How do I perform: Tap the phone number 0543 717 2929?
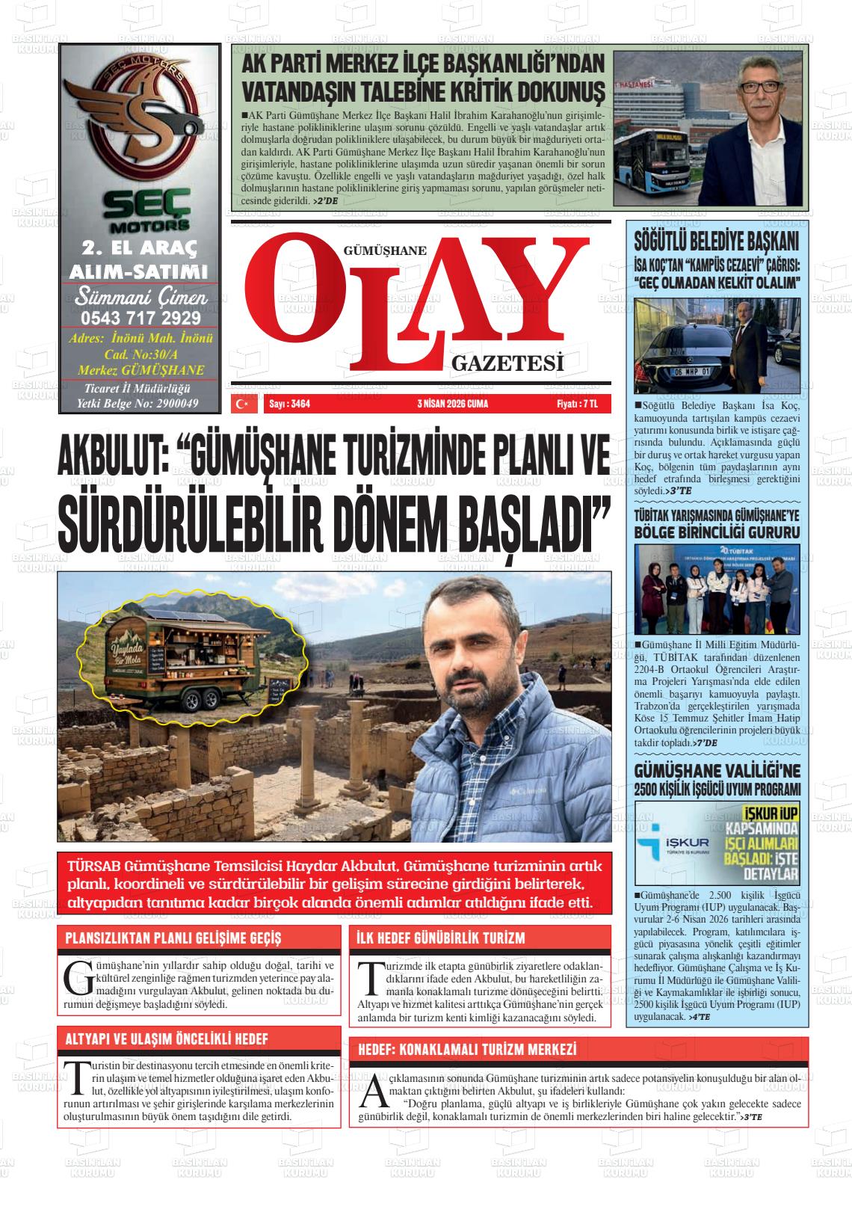tap(141, 317)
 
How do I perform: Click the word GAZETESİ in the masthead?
tap(507, 364)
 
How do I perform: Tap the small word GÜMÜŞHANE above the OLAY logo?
tap(384, 251)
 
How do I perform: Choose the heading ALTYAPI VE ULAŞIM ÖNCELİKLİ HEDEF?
tap(167, 1039)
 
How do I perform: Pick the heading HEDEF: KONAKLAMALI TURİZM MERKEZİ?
tap(468, 1050)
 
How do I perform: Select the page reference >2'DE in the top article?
tap(327, 201)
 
